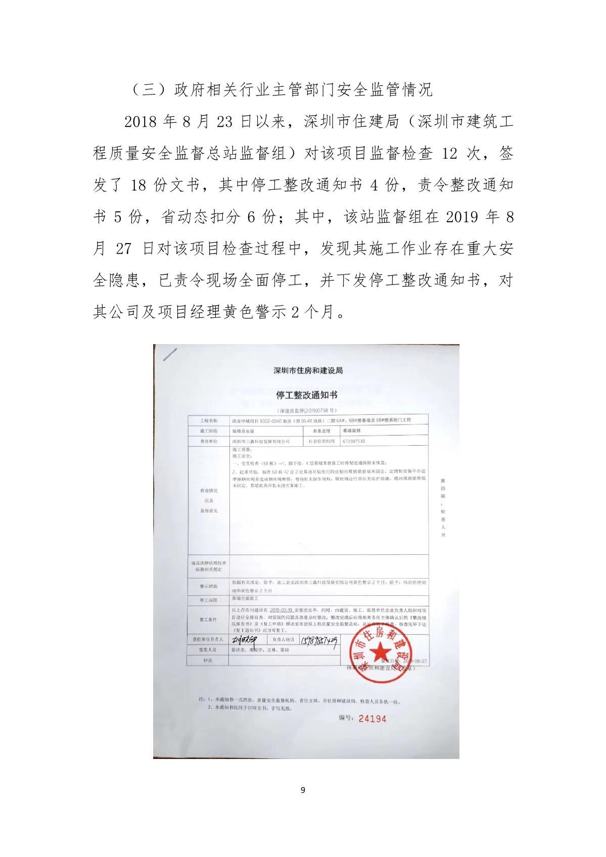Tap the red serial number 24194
pyautogui.click(x=372, y=718)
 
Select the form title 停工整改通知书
pyautogui.click(x=307, y=395)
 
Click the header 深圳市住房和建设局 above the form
pyautogui.click(x=308, y=370)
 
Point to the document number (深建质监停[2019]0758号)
pyautogui.click(x=307, y=411)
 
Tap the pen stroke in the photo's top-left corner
pyautogui.click(x=171, y=354)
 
